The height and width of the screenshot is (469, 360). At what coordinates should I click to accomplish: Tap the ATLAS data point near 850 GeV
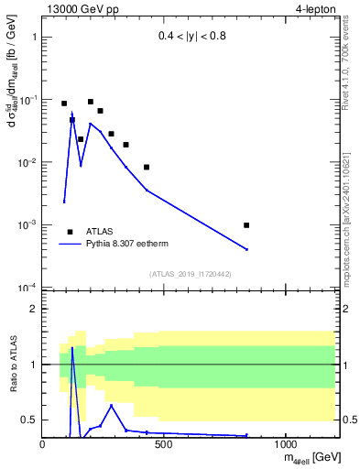(x=246, y=225)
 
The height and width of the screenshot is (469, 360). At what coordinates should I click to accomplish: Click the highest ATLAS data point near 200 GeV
(x=91, y=102)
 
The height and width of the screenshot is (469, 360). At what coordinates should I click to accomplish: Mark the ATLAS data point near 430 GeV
(x=147, y=167)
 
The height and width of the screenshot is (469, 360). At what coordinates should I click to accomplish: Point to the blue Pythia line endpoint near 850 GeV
(x=246, y=249)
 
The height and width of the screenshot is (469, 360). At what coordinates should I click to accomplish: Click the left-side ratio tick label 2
(x=33, y=309)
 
